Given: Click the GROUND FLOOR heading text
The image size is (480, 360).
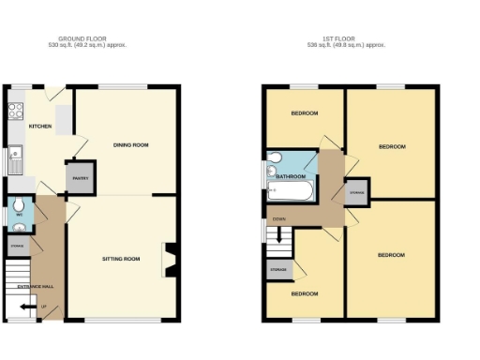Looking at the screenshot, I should pyautogui.click(x=91, y=39).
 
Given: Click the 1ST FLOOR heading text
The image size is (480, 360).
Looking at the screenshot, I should pyautogui.click(x=347, y=39).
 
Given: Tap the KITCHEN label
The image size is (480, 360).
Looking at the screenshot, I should pyautogui.click(x=39, y=126).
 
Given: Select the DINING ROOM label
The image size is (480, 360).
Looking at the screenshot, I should pyautogui.click(x=131, y=145).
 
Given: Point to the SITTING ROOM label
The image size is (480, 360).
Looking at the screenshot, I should pyautogui.click(x=120, y=258).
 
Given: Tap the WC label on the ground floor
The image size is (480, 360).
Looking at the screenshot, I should pyautogui.click(x=18, y=215).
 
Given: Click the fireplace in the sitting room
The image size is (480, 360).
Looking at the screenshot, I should pyautogui.click(x=171, y=260).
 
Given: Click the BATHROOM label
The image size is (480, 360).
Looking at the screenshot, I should pyautogui.click(x=291, y=175).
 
